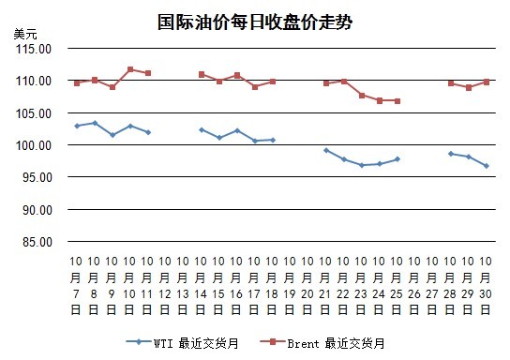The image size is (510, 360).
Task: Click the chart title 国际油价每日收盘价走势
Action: click(x=255, y=22)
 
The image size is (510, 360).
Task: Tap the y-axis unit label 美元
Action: click(x=25, y=34)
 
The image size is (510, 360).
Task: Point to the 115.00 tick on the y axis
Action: click(x=34, y=49)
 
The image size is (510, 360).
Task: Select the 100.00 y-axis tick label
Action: click(x=34, y=145)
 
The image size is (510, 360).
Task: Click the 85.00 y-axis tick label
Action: click(x=37, y=242)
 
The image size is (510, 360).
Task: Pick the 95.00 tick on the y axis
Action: click(x=37, y=177)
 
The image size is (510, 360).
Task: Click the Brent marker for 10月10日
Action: click(x=130, y=69)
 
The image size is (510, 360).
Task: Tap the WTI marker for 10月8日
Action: click(x=95, y=123)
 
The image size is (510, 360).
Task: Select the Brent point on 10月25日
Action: click(x=397, y=101)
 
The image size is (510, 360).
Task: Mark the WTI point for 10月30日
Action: click(x=487, y=166)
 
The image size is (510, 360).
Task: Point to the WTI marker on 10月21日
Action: click(x=326, y=150)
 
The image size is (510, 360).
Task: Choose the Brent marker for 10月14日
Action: click(x=202, y=74)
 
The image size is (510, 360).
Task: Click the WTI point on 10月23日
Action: click(x=362, y=165)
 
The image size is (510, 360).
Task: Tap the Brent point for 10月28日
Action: click(x=451, y=83)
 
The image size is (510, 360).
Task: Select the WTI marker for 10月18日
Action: click(x=273, y=140)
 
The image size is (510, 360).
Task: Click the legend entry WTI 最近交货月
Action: click(x=183, y=343)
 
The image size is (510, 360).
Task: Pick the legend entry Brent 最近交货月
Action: click(x=322, y=343)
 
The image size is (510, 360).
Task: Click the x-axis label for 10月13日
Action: click(x=183, y=285)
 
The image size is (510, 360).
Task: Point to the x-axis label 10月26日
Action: click(x=414, y=285)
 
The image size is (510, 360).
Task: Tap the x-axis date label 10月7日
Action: click(x=76, y=285)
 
